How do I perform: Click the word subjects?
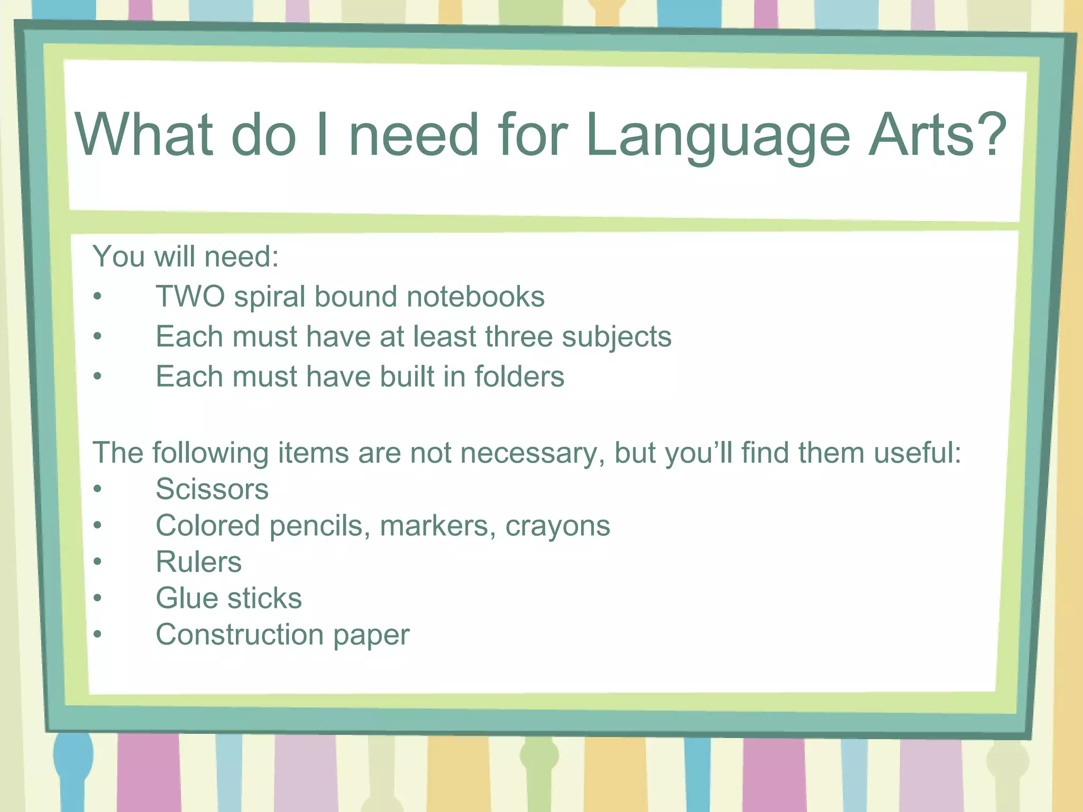coord(617,337)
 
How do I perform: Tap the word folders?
coord(519,376)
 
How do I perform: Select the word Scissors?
coord(212,489)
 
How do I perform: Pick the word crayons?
coord(557,527)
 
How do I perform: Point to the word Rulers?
coord(199,561)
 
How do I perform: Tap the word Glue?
coord(187,598)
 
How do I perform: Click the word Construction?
coord(240,634)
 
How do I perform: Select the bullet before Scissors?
coord(97,489)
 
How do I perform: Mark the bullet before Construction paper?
coord(97,634)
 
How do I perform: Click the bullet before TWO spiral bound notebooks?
coord(97,297)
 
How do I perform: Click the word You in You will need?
coord(118,256)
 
